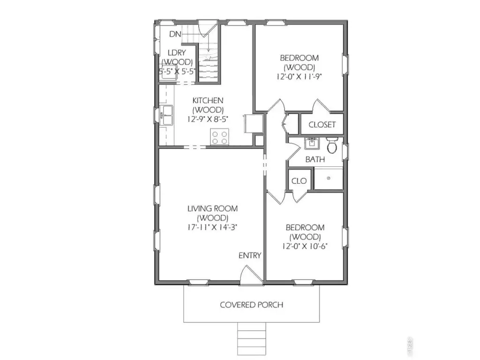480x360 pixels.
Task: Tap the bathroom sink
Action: click(x=312, y=143)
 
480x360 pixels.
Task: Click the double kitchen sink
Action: click(x=167, y=115)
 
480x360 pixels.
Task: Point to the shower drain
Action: click(x=329, y=178)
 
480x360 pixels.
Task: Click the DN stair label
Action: click(x=175, y=34)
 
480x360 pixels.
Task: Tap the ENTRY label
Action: click(x=250, y=255)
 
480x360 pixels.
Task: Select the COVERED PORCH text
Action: click(x=252, y=305)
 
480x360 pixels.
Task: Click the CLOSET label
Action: click(x=322, y=125)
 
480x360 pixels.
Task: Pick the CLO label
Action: click(x=299, y=181)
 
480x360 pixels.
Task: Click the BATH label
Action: click(x=315, y=159)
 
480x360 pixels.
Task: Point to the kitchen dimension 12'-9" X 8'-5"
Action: click(x=208, y=119)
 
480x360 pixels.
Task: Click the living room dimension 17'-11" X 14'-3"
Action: click(x=212, y=227)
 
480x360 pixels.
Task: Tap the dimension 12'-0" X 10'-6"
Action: click(x=305, y=246)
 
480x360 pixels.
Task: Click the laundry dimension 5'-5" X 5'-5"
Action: click(x=177, y=72)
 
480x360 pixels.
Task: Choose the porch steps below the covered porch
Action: click(x=252, y=338)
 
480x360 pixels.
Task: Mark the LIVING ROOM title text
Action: click(x=212, y=209)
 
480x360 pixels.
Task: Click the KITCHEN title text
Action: click(x=208, y=100)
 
